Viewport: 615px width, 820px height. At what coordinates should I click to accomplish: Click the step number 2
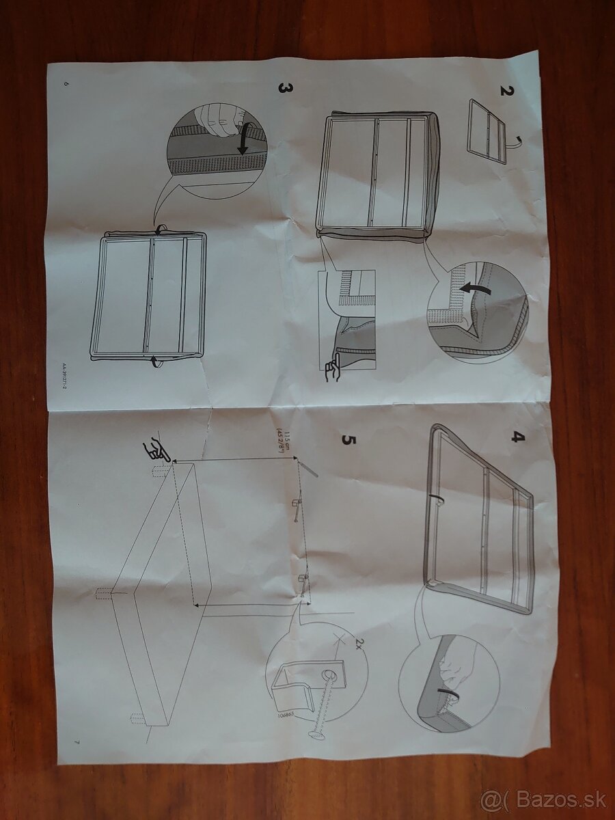pos(506,90)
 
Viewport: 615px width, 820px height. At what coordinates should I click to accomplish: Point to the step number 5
pos(348,438)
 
